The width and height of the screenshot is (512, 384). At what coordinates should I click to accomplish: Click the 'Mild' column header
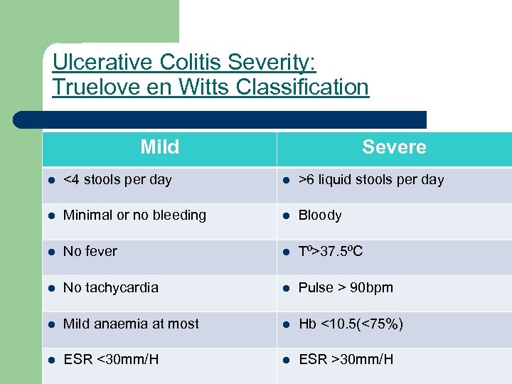pyautogui.click(x=159, y=147)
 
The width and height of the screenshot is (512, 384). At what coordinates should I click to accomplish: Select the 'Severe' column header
pyautogui.click(x=394, y=147)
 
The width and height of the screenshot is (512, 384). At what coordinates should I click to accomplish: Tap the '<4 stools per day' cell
pyautogui.click(x=117, y=180)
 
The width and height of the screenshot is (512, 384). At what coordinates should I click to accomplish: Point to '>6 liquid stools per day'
pyautogui.click(x=370, y=180)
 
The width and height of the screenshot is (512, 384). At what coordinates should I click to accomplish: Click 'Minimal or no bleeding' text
pyautogui.click(x=134, y=215)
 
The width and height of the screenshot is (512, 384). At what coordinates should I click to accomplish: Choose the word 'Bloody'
pyautogui.click(x=320, y=215)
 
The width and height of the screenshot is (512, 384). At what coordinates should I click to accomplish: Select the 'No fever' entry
pyautogui.click(x=90, y=252)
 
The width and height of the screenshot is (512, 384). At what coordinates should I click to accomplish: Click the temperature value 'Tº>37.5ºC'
pyautogui.click(x=331, y=252)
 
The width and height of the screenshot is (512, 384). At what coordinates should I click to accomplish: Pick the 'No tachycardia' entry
pyautogui.click(x=111, y=288)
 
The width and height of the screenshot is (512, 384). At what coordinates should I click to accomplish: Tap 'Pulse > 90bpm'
pyautogui.click(x=346, y=288)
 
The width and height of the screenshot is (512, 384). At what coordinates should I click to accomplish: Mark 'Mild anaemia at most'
pyautogui.click(x=131, y=324)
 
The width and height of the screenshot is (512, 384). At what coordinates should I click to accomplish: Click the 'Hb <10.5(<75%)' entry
pyautogui.click(x=351, y=324)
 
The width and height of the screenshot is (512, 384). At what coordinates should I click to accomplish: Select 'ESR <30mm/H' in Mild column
pyautogui.click(x=111, y=360)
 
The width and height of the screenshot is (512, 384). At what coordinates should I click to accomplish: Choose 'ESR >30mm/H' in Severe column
pyautogui.click(x=346, y=360)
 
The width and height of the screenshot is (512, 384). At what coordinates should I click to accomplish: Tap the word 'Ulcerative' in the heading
pyautogui.click(x=102, y=63)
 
